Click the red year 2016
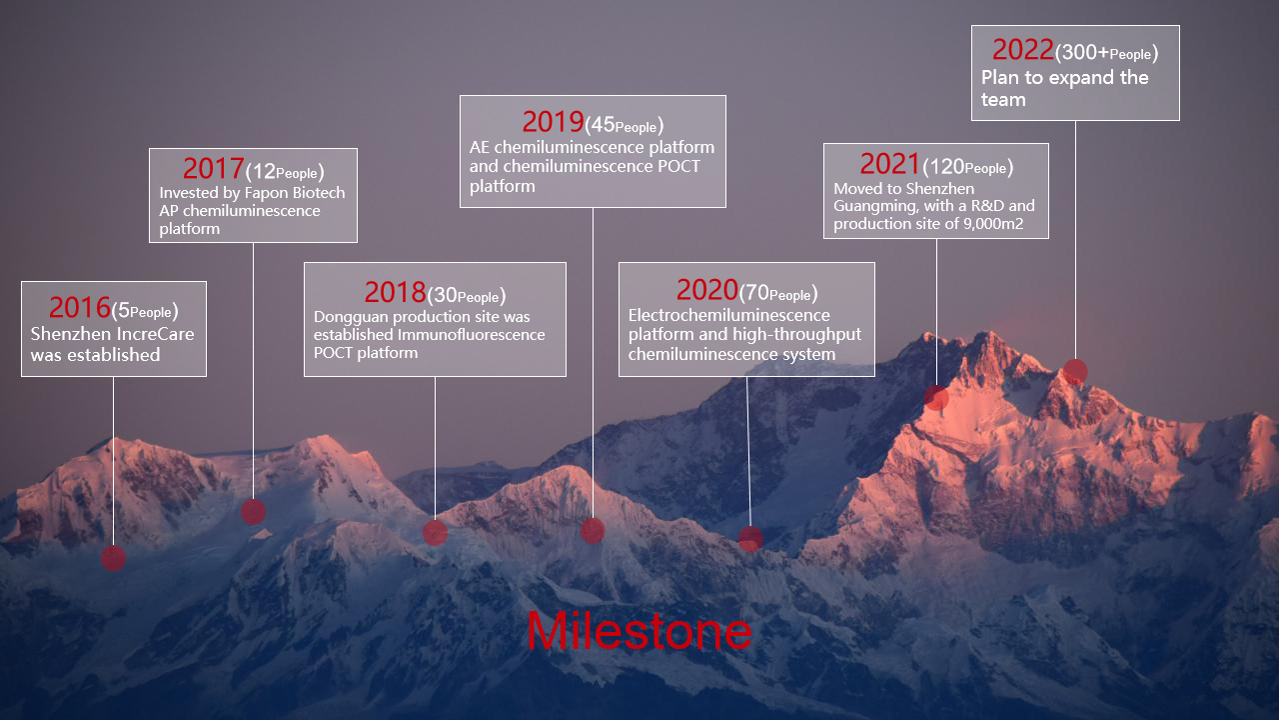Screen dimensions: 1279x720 pyautogui.click(x=79, y=307)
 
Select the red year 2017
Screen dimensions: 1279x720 pyautogui.click(x=214, y=169)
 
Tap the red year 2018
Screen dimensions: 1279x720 pyautogui.click(x=395, y=293)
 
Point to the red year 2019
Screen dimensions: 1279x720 pyautogui.click(x=553, y=122)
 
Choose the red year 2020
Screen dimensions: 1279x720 pyautogui.click(x=707, y=290)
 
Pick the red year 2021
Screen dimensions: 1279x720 pyautogui.click(x=890, y=164)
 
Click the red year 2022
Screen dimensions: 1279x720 pyautogui.click(x=1023, y=50)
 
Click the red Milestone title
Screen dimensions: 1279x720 pyautogui.click(x=639, y=631)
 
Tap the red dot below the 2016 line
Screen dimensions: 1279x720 pyautogui.click(x=113, y=558)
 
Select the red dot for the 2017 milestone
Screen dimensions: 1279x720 pyautogui.click(x=254, y=512)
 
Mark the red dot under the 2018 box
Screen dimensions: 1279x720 pyautogui.click(x=435, y=533)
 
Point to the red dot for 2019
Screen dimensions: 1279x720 pyautogui.click(x=593, y=531)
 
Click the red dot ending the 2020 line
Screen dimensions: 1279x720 pyautogui.click(x=750, y=539)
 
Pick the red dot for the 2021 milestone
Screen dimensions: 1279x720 pyautogui.click(x=936, y=398)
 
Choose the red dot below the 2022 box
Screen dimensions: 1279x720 pyautogui.click(x=1075, y=371)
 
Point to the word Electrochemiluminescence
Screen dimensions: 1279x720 pyautogui.click(x=729, y=315)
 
